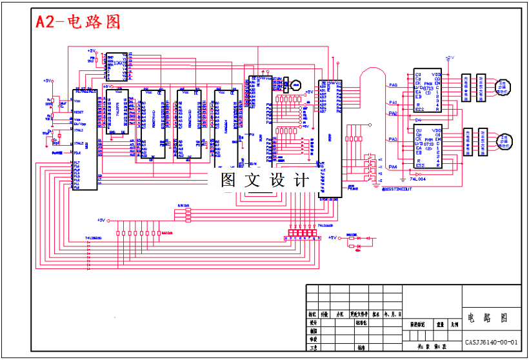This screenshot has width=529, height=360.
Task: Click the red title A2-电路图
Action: [78, 21]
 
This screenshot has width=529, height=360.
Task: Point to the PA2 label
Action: [393, 114]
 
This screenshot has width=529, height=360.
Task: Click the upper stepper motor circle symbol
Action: [504, 85]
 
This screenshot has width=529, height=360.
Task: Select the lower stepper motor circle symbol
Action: [504, 140]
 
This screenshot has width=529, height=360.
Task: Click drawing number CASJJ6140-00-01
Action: [492, 342]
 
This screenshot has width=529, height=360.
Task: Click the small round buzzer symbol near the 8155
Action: [296, 85]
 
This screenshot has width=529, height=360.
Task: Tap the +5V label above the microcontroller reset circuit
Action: [46, 81]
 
